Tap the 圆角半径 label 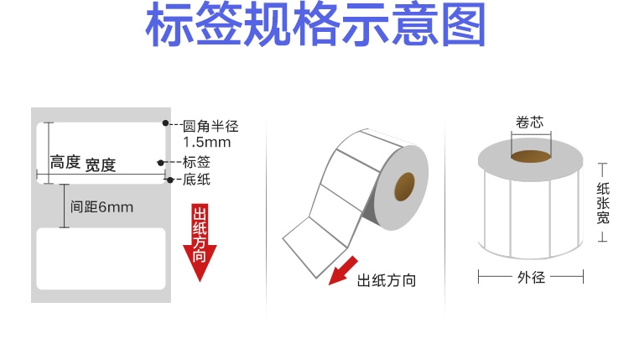pyautogui.click(x=211, y=126)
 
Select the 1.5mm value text pyautogui.click(x=206, y=142)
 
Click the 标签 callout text pyautogui.click(x=196, y=161)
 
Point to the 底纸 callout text pyautogui.click(x=196, y=179)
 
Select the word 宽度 pyautogui.click(x=100, y=164)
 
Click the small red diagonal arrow pyautogui.click(x=339, y=274)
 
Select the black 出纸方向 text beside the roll pyautogui.click(x=387, y=280)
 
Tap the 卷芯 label pyautogui.click(x=530, y=122)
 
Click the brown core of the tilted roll pyautogui.click(x=405, y=185)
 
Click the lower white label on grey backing pyautogui.click(x=101, y=258)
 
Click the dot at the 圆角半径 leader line pyautogui.click(x=164, y=124)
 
